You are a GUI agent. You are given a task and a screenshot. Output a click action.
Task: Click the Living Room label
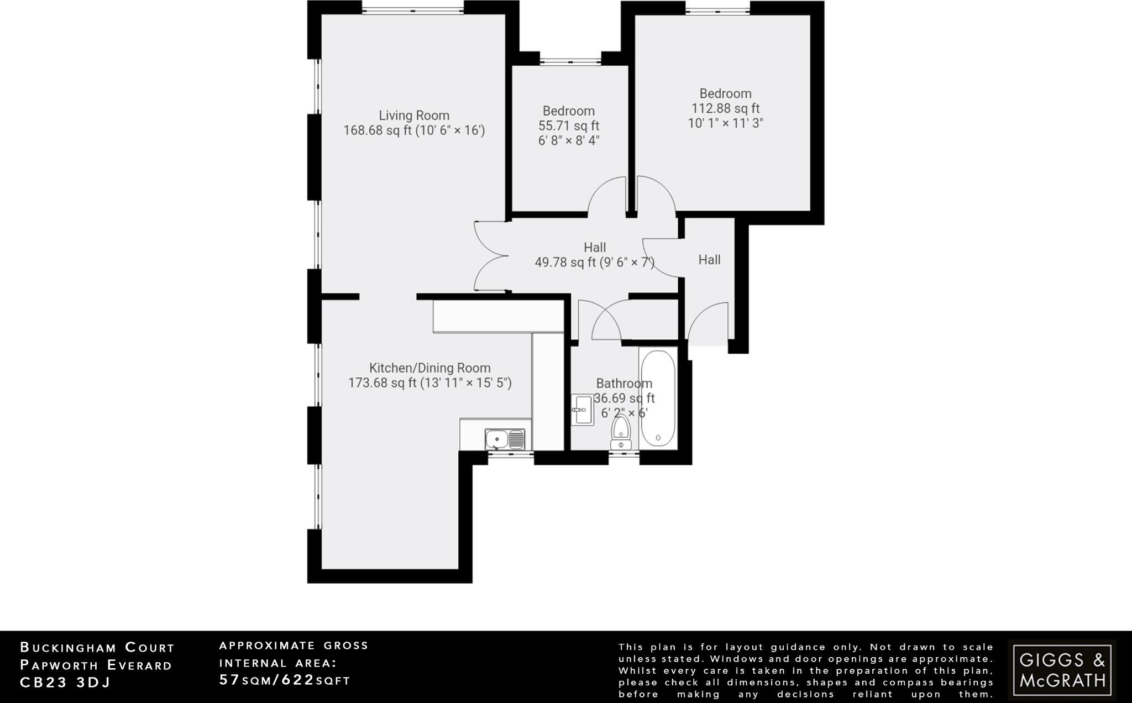[x=414, y=116]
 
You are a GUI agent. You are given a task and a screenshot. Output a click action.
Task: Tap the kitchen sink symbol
[x=505, y=439]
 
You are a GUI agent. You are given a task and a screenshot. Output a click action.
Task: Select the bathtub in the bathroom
[x=658, y=398]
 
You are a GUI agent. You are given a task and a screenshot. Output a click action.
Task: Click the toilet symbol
[x=621, y=433]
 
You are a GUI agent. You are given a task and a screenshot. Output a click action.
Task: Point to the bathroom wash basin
[x=582, y=410]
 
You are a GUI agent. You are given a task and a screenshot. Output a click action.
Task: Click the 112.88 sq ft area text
[x=725, y=108]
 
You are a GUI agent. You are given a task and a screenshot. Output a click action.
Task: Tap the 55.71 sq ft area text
[x=569, y=125]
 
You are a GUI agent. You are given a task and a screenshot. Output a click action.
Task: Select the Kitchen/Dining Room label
[x=429, y=368]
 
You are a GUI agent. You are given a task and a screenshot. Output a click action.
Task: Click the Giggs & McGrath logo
[x=1062, y=669]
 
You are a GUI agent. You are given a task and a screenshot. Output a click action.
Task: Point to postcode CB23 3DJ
[x=65, y=683]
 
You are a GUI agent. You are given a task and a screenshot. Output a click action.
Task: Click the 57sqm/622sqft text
[x=285, y=680]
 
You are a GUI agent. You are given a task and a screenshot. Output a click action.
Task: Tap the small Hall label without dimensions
[x=709, y=260]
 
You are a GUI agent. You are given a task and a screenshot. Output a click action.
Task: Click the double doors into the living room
[x=491, y=256]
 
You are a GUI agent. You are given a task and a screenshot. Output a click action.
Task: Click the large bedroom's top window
[x=718, y=9]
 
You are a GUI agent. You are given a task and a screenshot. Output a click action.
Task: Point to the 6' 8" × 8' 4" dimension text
[x=569, y=140]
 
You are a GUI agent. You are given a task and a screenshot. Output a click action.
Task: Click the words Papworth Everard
[x=96, y=665]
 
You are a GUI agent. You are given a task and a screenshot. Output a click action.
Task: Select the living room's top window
[x=413, y=9]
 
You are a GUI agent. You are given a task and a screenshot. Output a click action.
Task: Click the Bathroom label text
[x=624, y=384]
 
